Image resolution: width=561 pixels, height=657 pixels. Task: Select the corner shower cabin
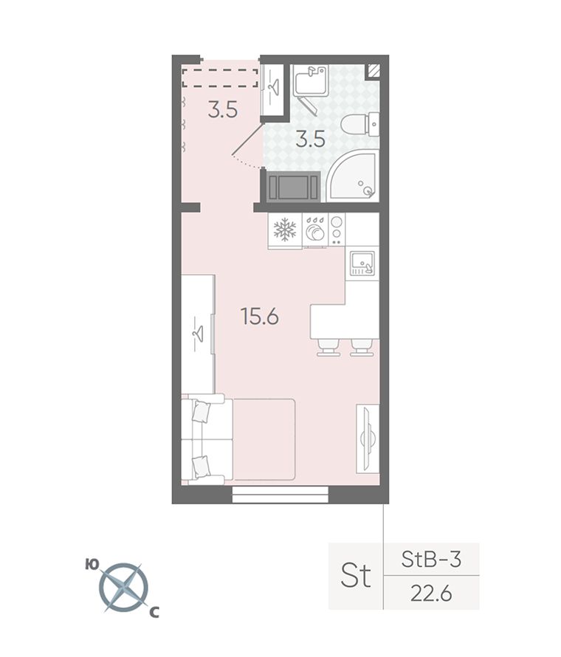pos(353,175)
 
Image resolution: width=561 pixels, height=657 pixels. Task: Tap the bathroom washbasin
pos(311,81)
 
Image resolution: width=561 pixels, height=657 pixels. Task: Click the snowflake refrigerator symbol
pos(285,230)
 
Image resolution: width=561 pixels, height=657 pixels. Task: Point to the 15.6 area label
pos(260,317)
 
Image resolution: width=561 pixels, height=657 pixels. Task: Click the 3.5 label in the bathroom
pos(311,139)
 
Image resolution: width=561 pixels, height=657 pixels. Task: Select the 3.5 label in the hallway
pos(223,110)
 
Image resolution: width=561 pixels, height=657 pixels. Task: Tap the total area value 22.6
pos(431,594)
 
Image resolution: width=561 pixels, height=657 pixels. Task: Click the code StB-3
pos(431,559)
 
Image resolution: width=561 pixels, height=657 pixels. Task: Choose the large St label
pos(356,575)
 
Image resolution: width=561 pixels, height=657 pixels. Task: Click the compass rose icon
pos(123,588)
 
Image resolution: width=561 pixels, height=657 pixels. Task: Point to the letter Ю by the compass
pos(92,565)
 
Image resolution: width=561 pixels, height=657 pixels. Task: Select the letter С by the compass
pos(154,613)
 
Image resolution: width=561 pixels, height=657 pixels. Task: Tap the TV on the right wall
pos(368,438)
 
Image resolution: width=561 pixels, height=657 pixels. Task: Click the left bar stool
pos(328,348)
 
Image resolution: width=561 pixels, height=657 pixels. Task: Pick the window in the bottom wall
pos(280,495)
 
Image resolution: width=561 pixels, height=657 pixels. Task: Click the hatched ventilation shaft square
pos(374,71)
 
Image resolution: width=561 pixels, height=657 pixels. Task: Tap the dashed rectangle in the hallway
pos(220,78)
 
